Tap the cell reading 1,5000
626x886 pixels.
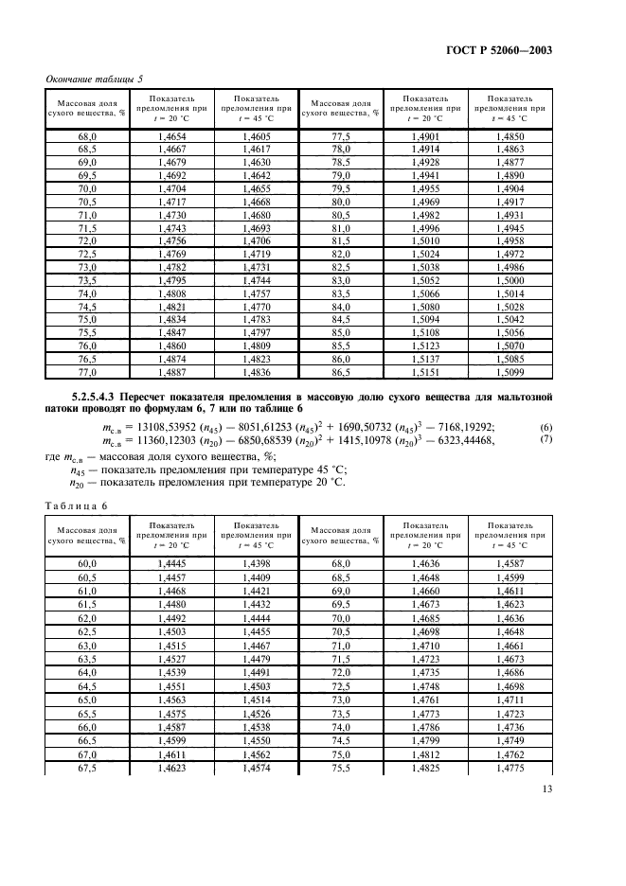point(510,310)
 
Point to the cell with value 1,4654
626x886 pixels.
point(173,138)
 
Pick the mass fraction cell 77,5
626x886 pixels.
point(341,138)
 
